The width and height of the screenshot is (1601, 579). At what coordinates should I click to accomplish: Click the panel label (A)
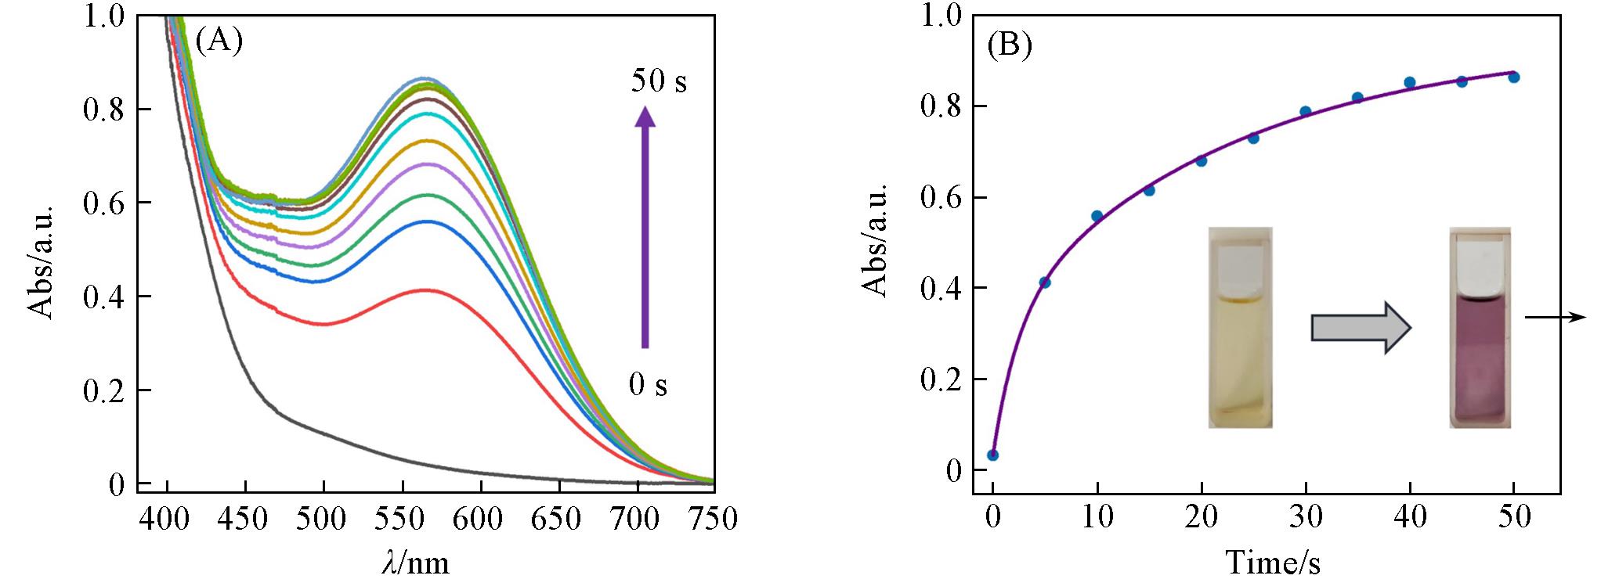tap(219, 40)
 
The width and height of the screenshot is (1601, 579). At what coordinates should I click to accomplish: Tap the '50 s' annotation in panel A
tap(659, 81)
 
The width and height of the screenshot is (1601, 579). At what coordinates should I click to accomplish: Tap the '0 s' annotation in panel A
tap(648, 384)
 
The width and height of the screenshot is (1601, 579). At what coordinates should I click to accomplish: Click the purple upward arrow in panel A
tap(645, 227)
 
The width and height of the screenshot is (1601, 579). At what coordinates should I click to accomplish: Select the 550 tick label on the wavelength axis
tap(402, 519)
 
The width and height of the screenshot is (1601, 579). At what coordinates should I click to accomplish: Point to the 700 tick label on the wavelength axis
tap(638, 519)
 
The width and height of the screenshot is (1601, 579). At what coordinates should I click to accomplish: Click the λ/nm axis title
tap(416, 561)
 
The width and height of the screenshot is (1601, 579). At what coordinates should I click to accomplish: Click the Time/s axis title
tap(1273, 563)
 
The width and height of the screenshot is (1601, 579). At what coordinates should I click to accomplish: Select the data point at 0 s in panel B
tap(992, 455)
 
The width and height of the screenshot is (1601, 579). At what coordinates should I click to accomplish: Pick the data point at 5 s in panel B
tap(1045, 282)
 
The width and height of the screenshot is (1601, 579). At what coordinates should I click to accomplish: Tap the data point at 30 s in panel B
tap(1305, 111)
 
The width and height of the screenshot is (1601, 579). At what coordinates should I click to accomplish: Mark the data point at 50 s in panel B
tap(1514, 77)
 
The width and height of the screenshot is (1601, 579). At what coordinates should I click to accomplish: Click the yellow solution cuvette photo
tap(1241, 327)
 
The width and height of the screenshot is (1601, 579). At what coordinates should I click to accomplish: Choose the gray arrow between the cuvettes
tap(1361, 327)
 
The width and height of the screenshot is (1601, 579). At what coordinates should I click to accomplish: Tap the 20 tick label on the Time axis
tap(1201, 519)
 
